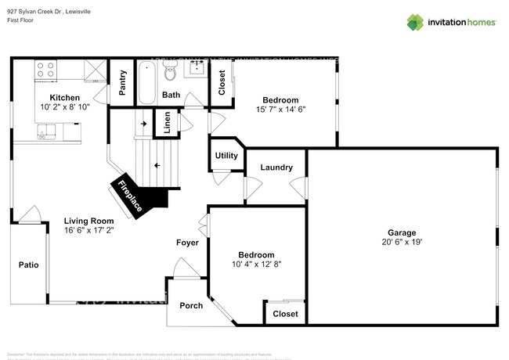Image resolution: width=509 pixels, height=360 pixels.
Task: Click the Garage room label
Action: [401, 232]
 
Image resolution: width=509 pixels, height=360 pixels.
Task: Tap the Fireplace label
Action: [130, 196]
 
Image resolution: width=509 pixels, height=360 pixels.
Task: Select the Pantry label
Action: [123, 84]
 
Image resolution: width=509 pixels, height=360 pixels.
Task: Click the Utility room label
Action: [226, 156]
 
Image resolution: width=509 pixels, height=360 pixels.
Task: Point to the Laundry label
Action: [276, 167]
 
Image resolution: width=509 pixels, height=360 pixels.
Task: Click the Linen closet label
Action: [166, 123]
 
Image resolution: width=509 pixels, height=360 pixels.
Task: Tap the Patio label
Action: [28, 265]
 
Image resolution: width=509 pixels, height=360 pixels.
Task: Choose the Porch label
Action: [191, 305]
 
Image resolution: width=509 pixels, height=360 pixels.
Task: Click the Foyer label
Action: [187, 243]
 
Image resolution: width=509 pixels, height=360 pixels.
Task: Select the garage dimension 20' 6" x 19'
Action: [401, 243]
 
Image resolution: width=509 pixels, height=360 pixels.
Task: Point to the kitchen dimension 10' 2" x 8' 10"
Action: [59, 106]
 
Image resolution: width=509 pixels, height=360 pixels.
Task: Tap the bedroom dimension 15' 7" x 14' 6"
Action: [280, 110]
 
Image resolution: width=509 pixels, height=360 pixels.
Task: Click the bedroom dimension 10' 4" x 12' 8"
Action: [257, 265]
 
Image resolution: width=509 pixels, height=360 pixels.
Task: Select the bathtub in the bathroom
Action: [146, 82]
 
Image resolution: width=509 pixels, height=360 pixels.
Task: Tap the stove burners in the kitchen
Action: [45, 70]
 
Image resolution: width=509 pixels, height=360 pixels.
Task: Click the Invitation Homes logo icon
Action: [415, 22]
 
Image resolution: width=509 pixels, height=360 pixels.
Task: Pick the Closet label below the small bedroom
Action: [284, 314]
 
